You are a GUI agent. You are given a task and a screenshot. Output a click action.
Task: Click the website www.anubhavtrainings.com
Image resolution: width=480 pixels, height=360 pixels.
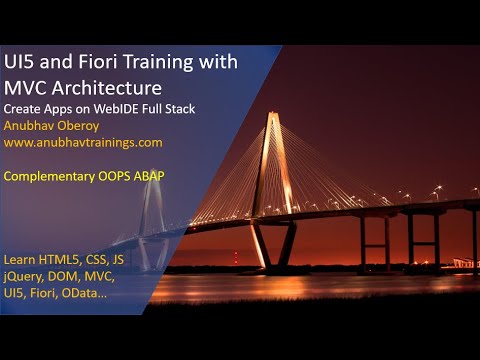83,142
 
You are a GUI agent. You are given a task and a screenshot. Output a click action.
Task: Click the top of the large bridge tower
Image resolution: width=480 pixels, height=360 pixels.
272,117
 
